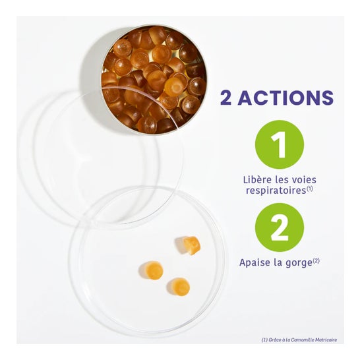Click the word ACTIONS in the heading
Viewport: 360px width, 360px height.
pos(285,98)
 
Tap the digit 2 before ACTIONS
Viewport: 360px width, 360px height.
pos(225,98)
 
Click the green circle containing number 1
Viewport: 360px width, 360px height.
pos(280,144)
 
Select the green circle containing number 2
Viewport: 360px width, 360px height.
pos(280,227)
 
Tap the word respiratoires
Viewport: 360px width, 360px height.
pos(276,191)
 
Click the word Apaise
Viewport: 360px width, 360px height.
pos(255,262)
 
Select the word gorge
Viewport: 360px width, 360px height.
pos(298,263)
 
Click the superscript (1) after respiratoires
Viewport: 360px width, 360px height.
pos(310,189)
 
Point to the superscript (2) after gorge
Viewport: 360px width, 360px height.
pos(316,261)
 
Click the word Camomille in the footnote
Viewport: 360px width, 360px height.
pos(300,340)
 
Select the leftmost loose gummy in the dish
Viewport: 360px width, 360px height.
pos(151,270)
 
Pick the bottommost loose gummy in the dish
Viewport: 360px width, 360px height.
pos(179,287)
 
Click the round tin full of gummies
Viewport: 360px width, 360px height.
pos(154,79)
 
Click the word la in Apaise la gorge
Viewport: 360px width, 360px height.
pos(278,262)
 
